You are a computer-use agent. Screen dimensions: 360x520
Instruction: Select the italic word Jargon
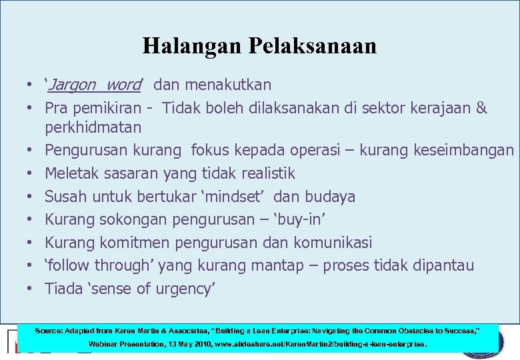click(73, 85)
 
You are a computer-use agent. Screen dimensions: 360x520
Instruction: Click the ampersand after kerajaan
click(482, 108)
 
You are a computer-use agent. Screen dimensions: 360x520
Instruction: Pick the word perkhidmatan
click(93, 127)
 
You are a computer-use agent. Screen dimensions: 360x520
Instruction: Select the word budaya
click(331, 197)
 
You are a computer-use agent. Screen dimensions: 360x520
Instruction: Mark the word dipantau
click(441, 265)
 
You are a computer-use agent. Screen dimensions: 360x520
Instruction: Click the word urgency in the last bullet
click(185, 289)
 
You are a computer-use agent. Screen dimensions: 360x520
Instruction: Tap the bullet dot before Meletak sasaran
click(30, 174)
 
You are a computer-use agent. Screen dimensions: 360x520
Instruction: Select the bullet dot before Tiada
click(30, 289)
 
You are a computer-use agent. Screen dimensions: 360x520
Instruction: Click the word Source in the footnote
click(49, 330)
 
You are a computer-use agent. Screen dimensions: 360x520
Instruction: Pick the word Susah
click(65, 197)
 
